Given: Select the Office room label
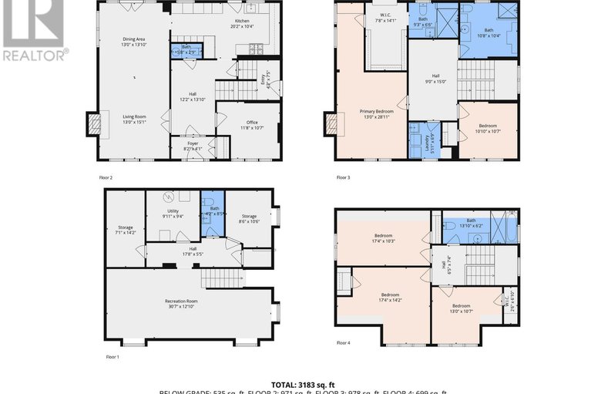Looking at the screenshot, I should (x=251, y=123).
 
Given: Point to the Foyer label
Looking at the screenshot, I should (x=193, y=144).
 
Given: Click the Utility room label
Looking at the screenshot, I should (x=173, y=214).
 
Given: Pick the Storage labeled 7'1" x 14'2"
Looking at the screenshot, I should (x=125, y=229).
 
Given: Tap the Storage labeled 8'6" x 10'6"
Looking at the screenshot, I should (x=248, y=218).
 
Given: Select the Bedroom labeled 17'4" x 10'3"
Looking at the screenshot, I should (x=384, y=238).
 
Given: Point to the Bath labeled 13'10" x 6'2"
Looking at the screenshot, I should (x=471, y=223).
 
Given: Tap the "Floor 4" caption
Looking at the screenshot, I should (x=344, y=342).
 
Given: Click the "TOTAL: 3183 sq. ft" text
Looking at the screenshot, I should (x=295, y=383).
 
